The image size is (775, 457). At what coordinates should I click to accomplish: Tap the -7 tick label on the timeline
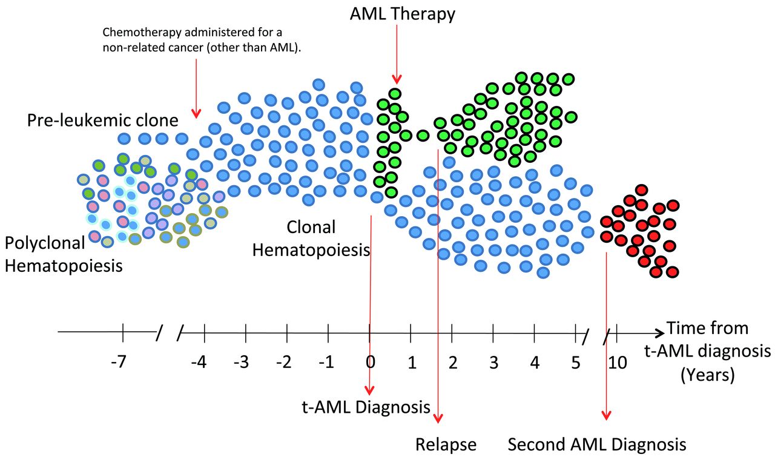[x=118, y=363]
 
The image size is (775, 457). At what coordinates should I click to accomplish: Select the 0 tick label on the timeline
[x=370, y=363]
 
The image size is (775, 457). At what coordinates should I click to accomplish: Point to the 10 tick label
[x=617, y=363]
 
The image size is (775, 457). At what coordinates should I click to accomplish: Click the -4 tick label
[x=199, y=363]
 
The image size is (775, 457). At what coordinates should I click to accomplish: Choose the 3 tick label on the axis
[x=493, y=363]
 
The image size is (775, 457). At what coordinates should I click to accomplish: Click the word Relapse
[x=446, y=444]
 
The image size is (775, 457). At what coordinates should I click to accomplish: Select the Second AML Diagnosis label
[x=597, y=444]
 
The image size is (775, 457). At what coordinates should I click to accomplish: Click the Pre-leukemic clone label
[x=102, y=120]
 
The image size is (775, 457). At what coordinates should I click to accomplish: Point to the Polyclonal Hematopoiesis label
[x=63, y=253]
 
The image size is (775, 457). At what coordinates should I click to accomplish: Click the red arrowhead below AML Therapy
[x=397, y=79]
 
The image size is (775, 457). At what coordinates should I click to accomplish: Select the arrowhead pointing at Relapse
[x=439, y=419]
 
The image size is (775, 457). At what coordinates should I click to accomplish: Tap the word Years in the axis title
[x=707, y=375]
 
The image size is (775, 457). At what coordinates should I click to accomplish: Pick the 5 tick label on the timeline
[x=576, y=363]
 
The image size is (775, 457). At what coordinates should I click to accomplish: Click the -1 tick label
[x=326, y=363]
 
